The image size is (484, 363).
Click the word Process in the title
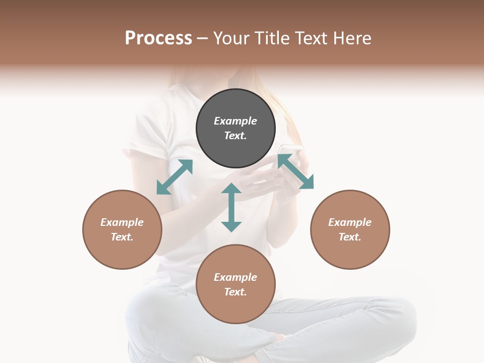tap(158, 38)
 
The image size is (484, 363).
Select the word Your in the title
tap(231, 38)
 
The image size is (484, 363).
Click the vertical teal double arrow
tap(231, 207)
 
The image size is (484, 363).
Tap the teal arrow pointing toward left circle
tap(174, 177)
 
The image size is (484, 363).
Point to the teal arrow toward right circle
tap(295, 171)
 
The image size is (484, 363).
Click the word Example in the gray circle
tap(235, 121)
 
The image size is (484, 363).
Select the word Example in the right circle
tap(350, 222)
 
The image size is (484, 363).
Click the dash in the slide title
tap(203, 38)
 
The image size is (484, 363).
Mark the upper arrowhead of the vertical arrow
tap(231, 189)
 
